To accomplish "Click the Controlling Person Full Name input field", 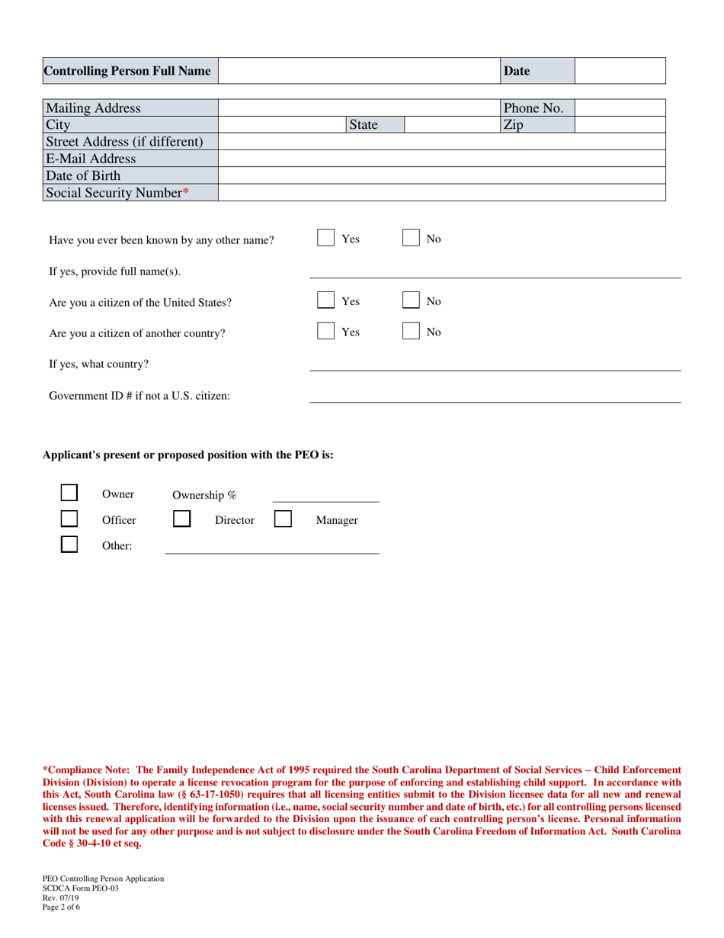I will (x=359, y=71).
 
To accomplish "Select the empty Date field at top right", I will (x=620, y=71).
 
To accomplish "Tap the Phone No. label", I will (x=534, y=108).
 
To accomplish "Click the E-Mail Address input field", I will (x=442, y=159).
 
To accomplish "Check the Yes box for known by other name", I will (x=325, y=239).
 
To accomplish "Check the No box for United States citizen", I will (x=411, y=301).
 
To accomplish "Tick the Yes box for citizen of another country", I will (x=325, y=332).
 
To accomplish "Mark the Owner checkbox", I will (x=69, y=493).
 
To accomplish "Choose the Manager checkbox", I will (x=283, y=520).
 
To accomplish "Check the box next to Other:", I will (x=69, y=545).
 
